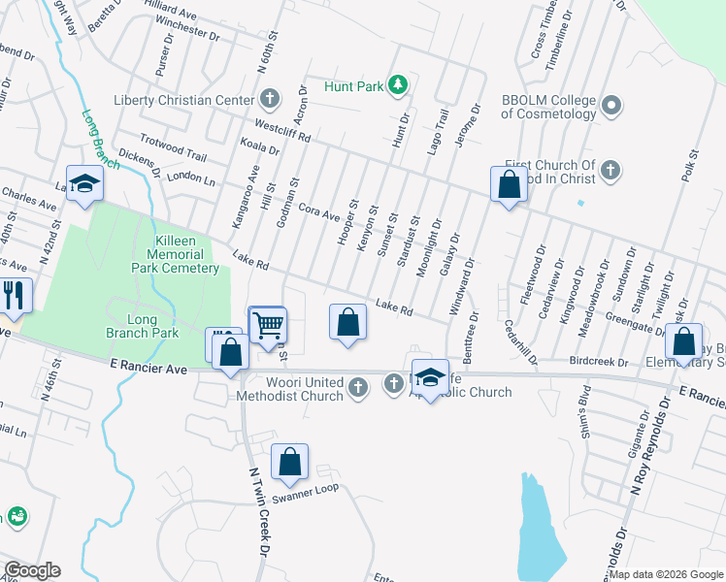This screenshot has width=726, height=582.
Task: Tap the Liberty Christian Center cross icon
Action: tap(270, 100)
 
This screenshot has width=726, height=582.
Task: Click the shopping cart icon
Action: tap(268, 325)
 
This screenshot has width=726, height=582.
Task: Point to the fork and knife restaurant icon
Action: tap(14, 294)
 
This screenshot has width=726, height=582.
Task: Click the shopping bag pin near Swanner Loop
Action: tap(289, 463)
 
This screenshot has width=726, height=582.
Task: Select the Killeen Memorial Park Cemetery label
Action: tap(176, 254)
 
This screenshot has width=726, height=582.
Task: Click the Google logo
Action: tap(32, 570)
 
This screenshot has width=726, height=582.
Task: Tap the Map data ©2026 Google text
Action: tap(665, 574)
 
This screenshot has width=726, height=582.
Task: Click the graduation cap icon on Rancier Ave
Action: tap(430, 376)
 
